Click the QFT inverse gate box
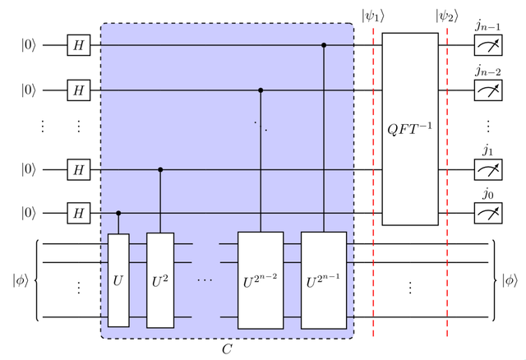410,129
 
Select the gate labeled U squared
160,280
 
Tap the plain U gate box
118,280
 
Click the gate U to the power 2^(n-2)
261,280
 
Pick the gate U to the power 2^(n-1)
324,280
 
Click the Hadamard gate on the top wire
79,45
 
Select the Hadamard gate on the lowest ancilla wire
79,213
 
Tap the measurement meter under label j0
488,213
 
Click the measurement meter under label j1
488,170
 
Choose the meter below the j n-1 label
488,45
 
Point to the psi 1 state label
372,16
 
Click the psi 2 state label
447,16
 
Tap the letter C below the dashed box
227,349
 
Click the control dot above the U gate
118,213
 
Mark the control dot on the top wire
324,45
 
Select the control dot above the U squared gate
160,170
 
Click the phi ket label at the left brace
21,280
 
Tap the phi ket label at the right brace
510,280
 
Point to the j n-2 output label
488,72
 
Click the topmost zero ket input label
29,45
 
